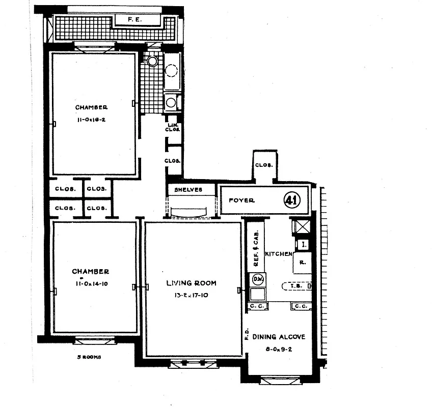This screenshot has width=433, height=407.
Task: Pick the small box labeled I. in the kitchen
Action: (x=304, y=245)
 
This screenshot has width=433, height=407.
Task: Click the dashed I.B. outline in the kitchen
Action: (x=294, y=286)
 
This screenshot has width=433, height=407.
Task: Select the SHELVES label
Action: (x=188, y=190)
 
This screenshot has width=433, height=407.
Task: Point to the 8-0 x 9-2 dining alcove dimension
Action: (x=279, y=349)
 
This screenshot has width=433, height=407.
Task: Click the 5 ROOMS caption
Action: (x=89, y=357)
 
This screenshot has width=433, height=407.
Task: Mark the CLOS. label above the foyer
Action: (x=264, y=165)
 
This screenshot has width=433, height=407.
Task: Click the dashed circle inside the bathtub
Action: (x=172, y=70)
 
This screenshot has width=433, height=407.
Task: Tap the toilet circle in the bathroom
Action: (x=152, y=61)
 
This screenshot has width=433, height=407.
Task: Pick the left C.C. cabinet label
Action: (x=256, y=306)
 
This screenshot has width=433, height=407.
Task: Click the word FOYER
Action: (x=241, y=200)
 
